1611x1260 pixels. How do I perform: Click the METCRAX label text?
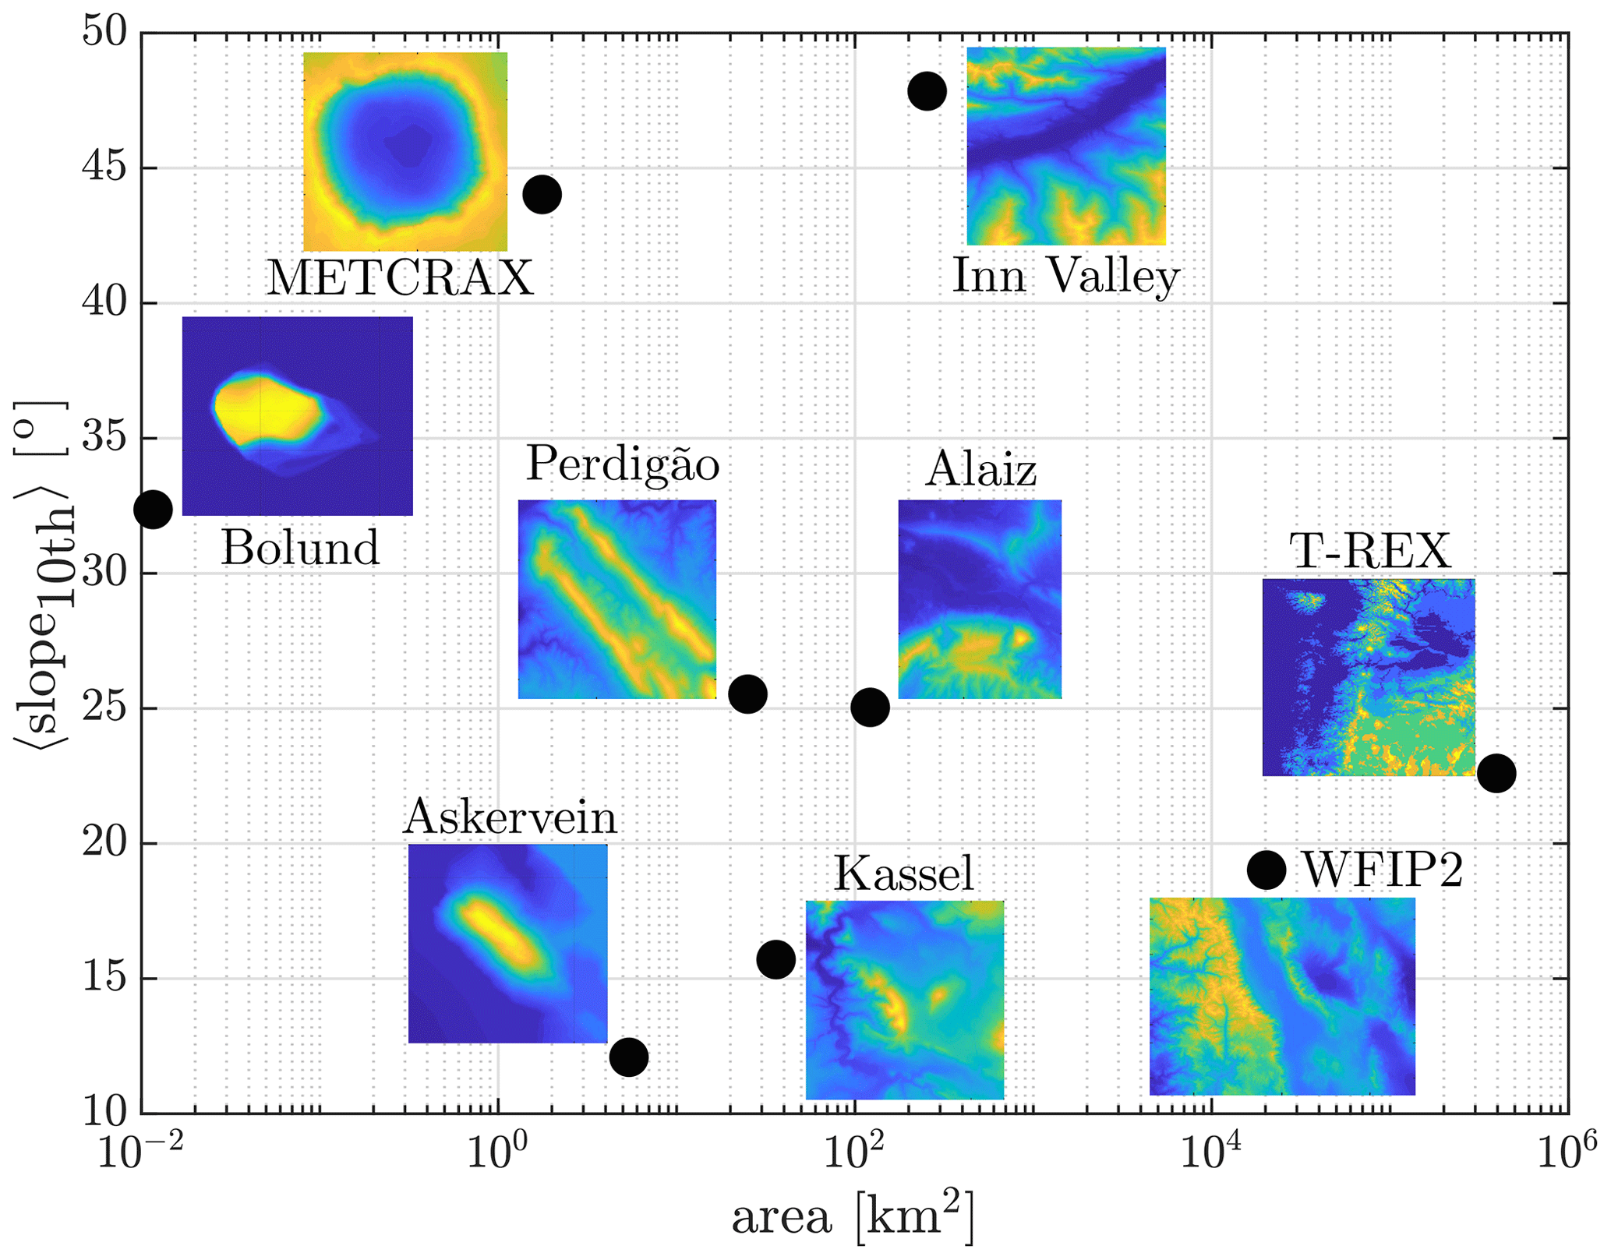tap(400, 277)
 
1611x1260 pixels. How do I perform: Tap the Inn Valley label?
tap(1065, 276)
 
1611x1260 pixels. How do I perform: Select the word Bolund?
tap(300, 548)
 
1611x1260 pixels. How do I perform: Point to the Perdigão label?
tap(622, 464)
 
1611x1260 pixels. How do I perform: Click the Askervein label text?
tap(511, 817)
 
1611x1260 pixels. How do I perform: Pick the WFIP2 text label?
tap(1383, 870)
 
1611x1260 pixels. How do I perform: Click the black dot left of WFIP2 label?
tap(1267, 870)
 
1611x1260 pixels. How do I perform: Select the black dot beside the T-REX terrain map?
tap(1496, 774)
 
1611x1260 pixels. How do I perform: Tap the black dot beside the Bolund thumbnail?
tap(153, 510)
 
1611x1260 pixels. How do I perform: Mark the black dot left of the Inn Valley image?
tap(927, 91)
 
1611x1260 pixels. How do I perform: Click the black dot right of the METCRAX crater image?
tap(542, 194)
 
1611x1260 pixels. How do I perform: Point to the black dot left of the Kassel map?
tap(775, 958)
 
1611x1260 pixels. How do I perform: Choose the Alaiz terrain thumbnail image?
tap(980, 598)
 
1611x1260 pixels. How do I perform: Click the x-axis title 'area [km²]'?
tap(853, 1218)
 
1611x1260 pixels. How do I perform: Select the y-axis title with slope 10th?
tap(43, 573)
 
